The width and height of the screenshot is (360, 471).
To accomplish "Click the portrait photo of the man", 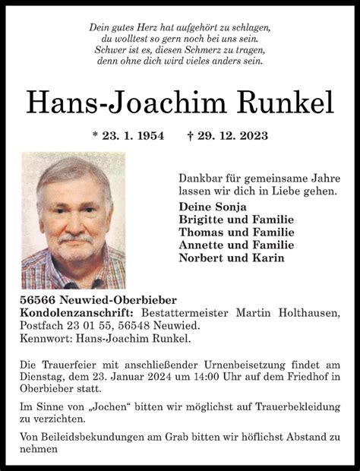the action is pyautogui.click(x=74, y=220).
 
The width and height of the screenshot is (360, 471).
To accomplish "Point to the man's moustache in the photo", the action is pyautogui.click(x=76, y=239).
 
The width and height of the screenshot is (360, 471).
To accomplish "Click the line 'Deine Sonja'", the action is pyautogui.click(x=213, y=207).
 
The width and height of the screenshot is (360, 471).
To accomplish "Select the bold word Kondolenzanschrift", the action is pyautogui.click(x=77, y=313).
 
